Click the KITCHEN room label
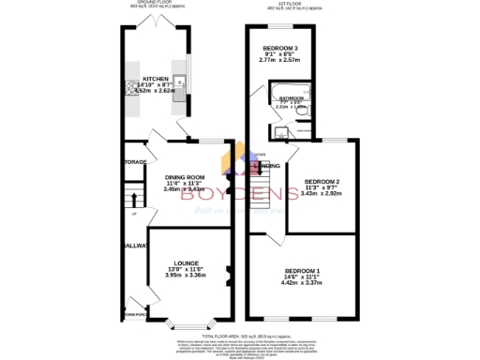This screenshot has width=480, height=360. (x=155, y=79)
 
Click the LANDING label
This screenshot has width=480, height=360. (x=271, y=166)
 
